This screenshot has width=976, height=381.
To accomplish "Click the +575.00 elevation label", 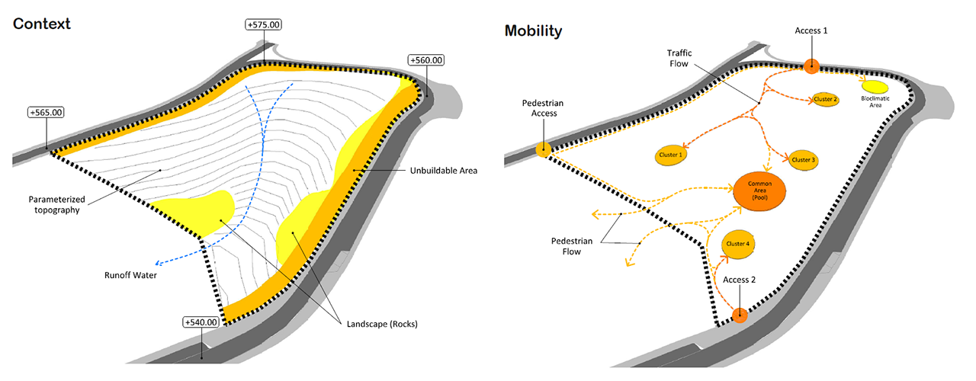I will click(264, 25).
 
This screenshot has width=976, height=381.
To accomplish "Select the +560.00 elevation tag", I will click(426, 60).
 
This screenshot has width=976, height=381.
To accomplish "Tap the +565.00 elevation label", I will click(46, 112).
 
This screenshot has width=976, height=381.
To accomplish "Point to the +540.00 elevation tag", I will click(201, 322).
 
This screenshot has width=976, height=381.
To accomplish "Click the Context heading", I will click(42, 24).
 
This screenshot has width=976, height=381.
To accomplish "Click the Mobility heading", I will click(533, 31).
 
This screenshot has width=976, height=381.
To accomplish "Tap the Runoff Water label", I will click(131, 275).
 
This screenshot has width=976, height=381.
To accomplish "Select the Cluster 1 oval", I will click(669, 155).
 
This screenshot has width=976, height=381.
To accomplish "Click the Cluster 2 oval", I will click(826, 100).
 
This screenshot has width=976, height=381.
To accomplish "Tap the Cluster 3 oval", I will click(804, 160).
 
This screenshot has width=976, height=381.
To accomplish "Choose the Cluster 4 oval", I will click(737, 244).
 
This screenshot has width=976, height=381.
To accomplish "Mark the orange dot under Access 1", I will click(811, 66).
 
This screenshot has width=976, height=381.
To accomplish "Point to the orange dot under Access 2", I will click(738, 315).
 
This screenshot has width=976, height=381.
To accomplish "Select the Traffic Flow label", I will click(678, 58).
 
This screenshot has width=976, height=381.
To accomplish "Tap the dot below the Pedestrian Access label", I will click(544, 150).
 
